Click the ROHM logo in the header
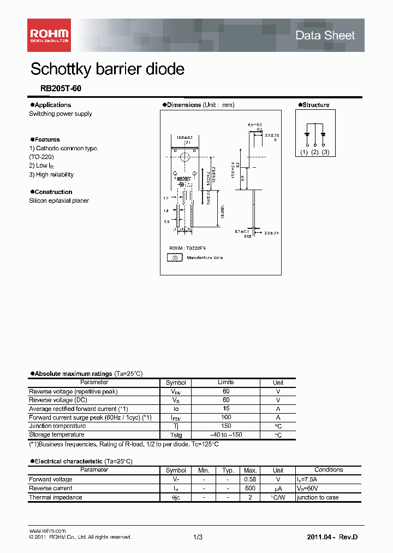point(49,34)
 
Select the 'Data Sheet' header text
point(325,36)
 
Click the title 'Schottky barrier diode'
point(108,69)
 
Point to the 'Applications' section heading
point(52,105)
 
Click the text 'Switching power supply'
point(61,114)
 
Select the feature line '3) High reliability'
point(51,174)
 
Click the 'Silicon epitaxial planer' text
point(59,201)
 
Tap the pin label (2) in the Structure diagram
point(314,152)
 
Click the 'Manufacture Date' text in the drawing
point(205,257)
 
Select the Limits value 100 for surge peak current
point(226,417)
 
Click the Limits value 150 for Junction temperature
point(226,426)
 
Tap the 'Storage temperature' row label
point(57,435)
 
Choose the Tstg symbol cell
point(176,435)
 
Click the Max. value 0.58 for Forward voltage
point(251,480)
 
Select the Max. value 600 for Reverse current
point(251,489)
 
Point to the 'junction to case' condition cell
point(318,497)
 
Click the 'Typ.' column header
point(228,470)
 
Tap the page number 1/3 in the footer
point(198,538)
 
